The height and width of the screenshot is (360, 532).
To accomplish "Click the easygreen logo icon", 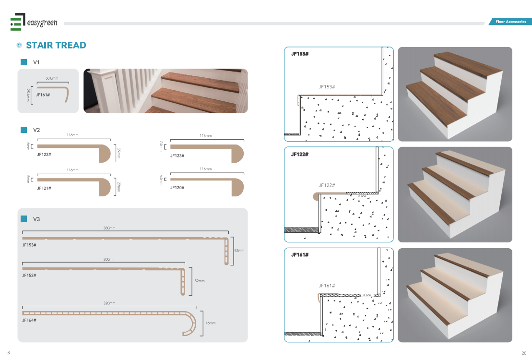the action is pos(18,22).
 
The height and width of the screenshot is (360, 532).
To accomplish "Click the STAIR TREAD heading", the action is pos(56,45).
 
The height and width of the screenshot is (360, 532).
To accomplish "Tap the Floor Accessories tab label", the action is pos(510,22).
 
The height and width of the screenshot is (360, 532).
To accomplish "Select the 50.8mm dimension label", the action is pos(52,78).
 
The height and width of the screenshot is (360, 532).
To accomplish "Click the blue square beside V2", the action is pos(24,130).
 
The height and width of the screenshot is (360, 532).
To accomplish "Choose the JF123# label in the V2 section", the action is pos(177,156).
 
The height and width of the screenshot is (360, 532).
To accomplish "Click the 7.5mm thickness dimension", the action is pos(162,146).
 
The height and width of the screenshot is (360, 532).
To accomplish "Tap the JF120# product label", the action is pos(177,188).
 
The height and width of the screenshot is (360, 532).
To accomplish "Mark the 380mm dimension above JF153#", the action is pos(109,228).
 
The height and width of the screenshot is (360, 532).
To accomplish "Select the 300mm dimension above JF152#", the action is pos(109,260).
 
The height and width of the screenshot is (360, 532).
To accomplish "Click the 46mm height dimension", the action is pos(211,323).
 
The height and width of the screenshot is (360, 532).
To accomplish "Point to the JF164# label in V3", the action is pos(29,320).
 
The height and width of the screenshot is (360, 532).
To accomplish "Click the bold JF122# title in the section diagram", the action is pos(300,154).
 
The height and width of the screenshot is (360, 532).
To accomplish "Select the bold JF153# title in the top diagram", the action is pos(300,54).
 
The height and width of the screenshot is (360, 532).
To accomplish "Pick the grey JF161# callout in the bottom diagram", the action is pos(327,286).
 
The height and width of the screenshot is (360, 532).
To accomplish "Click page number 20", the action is pos(524,353).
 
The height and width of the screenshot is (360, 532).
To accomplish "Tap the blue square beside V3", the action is pos(24,219).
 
